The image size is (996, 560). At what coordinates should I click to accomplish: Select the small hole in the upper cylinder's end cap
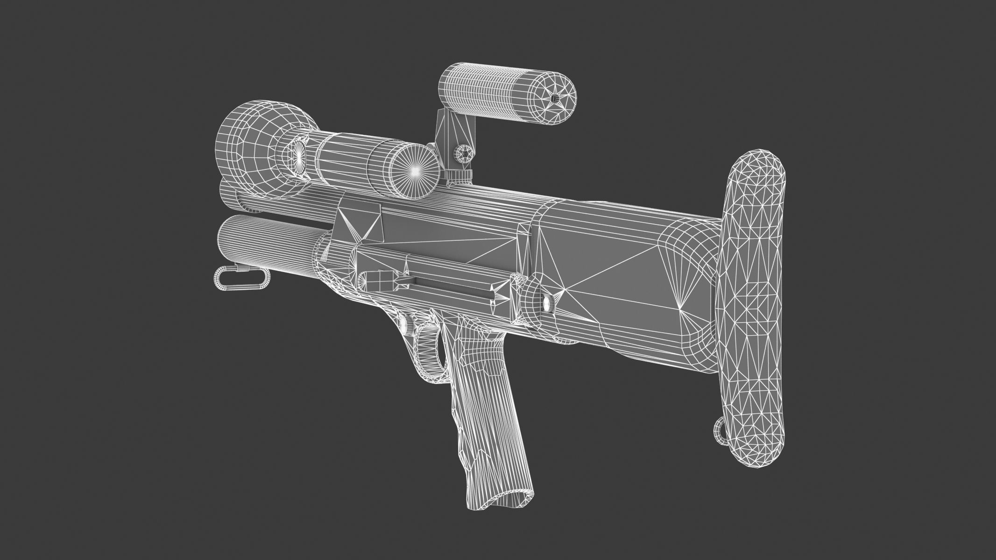(554, 98)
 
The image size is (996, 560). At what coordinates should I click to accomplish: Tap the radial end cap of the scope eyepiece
(413, 171)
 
